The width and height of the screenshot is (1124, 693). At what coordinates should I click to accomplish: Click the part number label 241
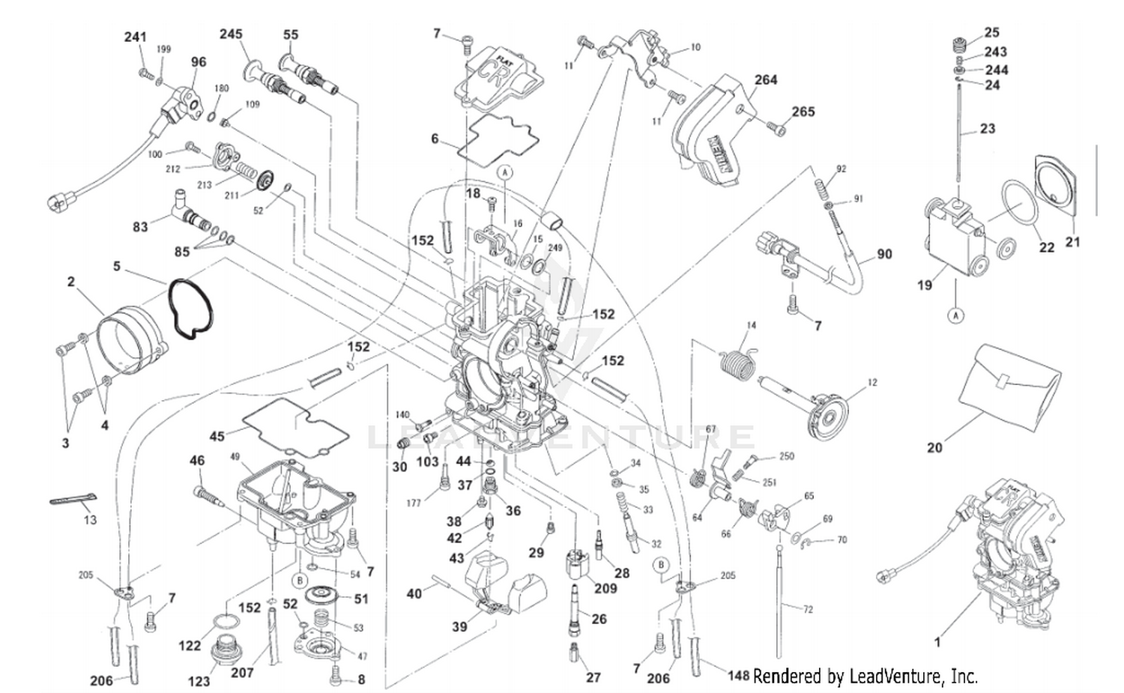(x=135, y=37)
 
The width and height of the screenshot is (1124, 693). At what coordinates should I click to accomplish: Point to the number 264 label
(x=766, y=79)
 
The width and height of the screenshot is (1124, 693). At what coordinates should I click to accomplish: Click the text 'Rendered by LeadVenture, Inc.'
(x=865, y=677)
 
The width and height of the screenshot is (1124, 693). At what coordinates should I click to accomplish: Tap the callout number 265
(x=803, y=112)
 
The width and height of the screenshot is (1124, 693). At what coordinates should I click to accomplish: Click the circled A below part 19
(x=955, y=315)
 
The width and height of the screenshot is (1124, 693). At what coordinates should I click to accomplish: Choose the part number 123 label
(x=199, y=681)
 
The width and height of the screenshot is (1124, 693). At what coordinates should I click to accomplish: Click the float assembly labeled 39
(x=498, y=584)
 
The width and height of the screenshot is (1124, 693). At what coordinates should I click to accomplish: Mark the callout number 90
(x=884, y=254)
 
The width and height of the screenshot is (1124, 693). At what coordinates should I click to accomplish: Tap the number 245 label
(x=231, y=34)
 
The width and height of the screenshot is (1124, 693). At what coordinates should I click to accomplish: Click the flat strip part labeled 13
(x=73, y=500)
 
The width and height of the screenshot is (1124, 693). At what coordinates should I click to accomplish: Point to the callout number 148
(x=738, y=676)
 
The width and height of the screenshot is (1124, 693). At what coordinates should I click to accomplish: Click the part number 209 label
(x=605, y=588)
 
